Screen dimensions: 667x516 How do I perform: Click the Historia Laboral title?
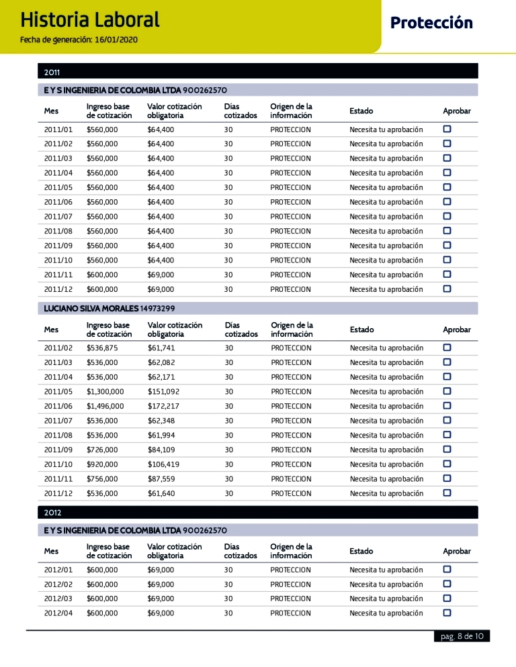(90, 19)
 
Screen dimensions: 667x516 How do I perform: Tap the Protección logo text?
(431, 23)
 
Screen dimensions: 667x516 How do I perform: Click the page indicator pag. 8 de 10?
(460, 637)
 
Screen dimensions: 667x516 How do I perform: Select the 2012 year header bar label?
(53, 513)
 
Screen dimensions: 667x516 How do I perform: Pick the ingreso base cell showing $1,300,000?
(105, 392)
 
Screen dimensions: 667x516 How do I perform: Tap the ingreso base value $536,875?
(102, 348)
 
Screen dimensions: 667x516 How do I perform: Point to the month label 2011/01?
(58, 130)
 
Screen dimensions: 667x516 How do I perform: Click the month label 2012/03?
(58, 599)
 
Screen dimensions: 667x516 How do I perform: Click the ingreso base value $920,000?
(102, 464)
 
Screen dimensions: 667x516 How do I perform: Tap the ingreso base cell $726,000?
(102, 450)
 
